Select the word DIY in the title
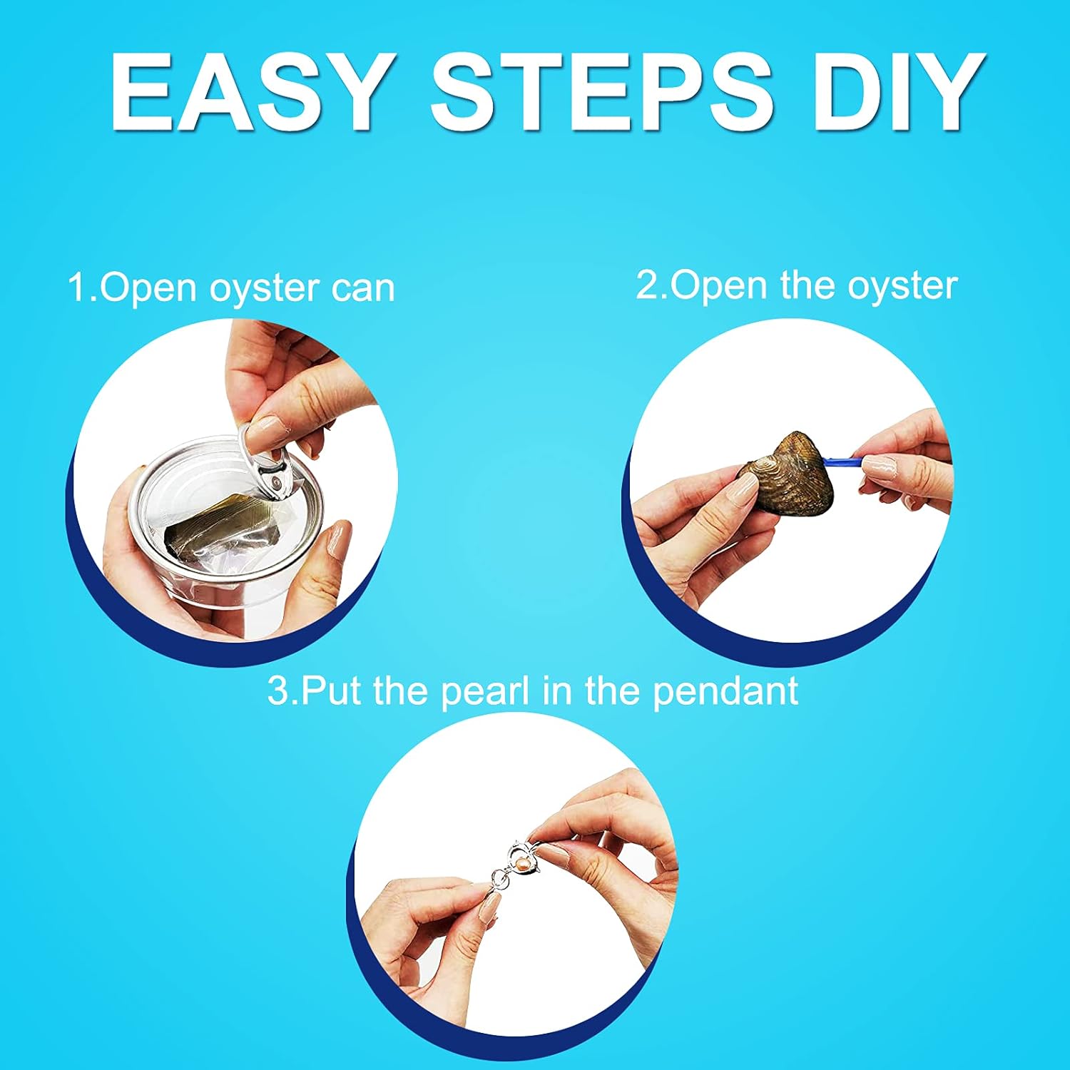pos(900,93)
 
